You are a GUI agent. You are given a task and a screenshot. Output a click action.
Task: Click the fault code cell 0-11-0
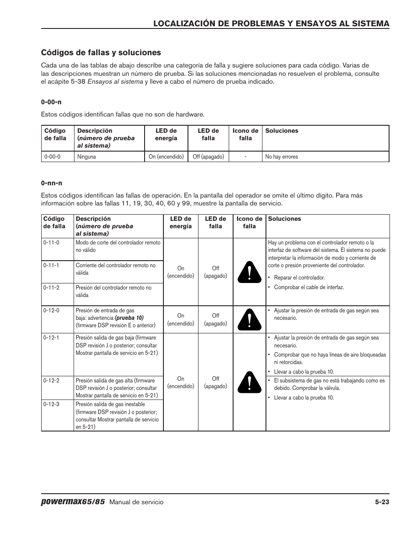(x=51, y=242)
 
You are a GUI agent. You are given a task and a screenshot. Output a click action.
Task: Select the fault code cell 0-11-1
(x=51, y=265)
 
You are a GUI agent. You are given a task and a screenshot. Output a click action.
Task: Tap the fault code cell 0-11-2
(x=51, y=288)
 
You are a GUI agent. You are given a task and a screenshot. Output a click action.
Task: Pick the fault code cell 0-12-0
(x=51, y=311)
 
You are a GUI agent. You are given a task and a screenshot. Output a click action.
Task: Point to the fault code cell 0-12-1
(x=51, y=338)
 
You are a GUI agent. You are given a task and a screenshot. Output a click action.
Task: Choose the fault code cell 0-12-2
(x=51, y=381)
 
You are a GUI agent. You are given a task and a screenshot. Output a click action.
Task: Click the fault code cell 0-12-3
(x=51, y=404)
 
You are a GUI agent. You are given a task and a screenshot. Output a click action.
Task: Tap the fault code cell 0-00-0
(x=52, y=157)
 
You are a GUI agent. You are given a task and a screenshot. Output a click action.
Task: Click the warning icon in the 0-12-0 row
(x=249, y=319)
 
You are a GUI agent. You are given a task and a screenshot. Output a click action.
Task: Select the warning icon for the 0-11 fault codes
(x=249, y=272)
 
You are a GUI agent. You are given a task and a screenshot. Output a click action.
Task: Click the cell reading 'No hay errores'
(x=281, y=157)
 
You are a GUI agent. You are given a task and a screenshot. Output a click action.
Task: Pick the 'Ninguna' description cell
(x=86, y=157)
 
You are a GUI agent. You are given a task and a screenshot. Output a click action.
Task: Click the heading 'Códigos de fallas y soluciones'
(x=101, y=53)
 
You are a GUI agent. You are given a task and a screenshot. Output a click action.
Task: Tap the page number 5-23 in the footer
(x=382, y=502)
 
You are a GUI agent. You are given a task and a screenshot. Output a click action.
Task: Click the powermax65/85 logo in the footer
(x=73, y=502)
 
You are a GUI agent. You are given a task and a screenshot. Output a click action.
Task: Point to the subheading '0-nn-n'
(x=52, y=183)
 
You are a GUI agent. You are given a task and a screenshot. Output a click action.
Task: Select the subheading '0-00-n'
(x=51, y=102)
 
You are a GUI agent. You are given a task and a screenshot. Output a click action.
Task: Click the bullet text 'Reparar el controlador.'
(x=299, y=278)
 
